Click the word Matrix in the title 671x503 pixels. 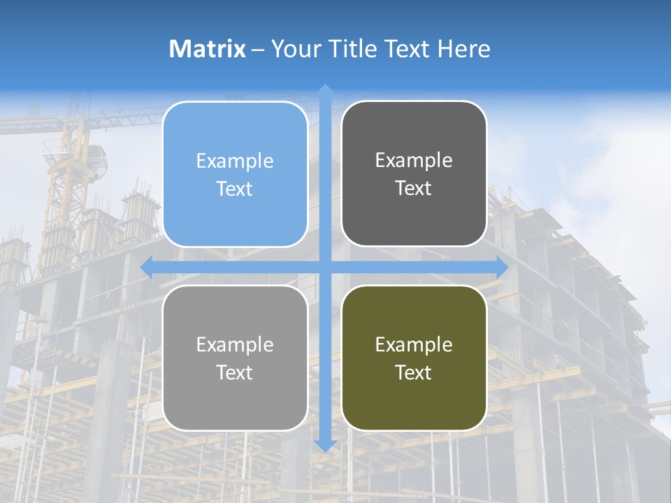click(x=208, y=49)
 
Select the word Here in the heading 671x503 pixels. click(x=463, y=49)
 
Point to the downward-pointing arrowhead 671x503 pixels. click(x=325, y=445)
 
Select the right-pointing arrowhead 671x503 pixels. click(x=501, y=267)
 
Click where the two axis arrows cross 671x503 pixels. click(x=325, y=267)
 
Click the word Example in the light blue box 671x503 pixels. click(x=235, y=161)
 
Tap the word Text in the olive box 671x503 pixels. click(x=414, y=373)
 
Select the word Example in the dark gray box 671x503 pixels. click(x=414, y=161)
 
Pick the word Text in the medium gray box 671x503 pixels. click(x=235, y=373)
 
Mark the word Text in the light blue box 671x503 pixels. click(x=235, y=189)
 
